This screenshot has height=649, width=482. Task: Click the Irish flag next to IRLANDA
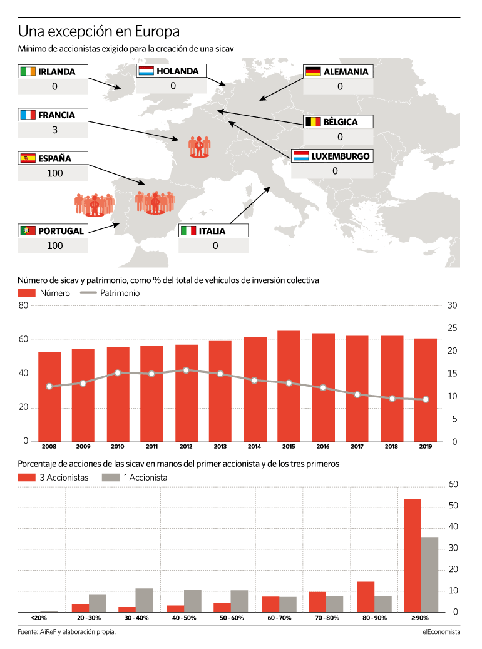coord(28,71)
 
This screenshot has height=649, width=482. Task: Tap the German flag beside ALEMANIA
coord(313,71)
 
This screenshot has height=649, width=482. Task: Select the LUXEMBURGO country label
coord(341,156)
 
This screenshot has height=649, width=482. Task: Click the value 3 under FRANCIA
coord(54,130)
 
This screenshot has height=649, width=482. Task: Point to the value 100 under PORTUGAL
coord(54,246)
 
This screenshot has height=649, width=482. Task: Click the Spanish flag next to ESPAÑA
coord(28,158)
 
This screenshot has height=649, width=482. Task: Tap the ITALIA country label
coord(212,231)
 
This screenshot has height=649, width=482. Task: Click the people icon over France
coord(199,147)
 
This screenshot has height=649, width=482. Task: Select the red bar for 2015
coord(289,386)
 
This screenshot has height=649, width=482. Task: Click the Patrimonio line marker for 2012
coord(186,370)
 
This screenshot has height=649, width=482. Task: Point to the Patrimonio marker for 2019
coord(426,399)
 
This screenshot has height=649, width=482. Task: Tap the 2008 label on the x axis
coord(49,447)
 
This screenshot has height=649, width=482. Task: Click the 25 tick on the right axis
coord(452,328)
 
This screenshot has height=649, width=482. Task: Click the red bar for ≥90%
coord(413,556)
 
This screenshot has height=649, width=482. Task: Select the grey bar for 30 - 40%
coord(144,600)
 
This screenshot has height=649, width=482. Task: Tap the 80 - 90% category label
coord(374,618)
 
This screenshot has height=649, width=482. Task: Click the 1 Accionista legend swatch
coord(111,478)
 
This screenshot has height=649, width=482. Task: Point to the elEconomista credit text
coord(441,632)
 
